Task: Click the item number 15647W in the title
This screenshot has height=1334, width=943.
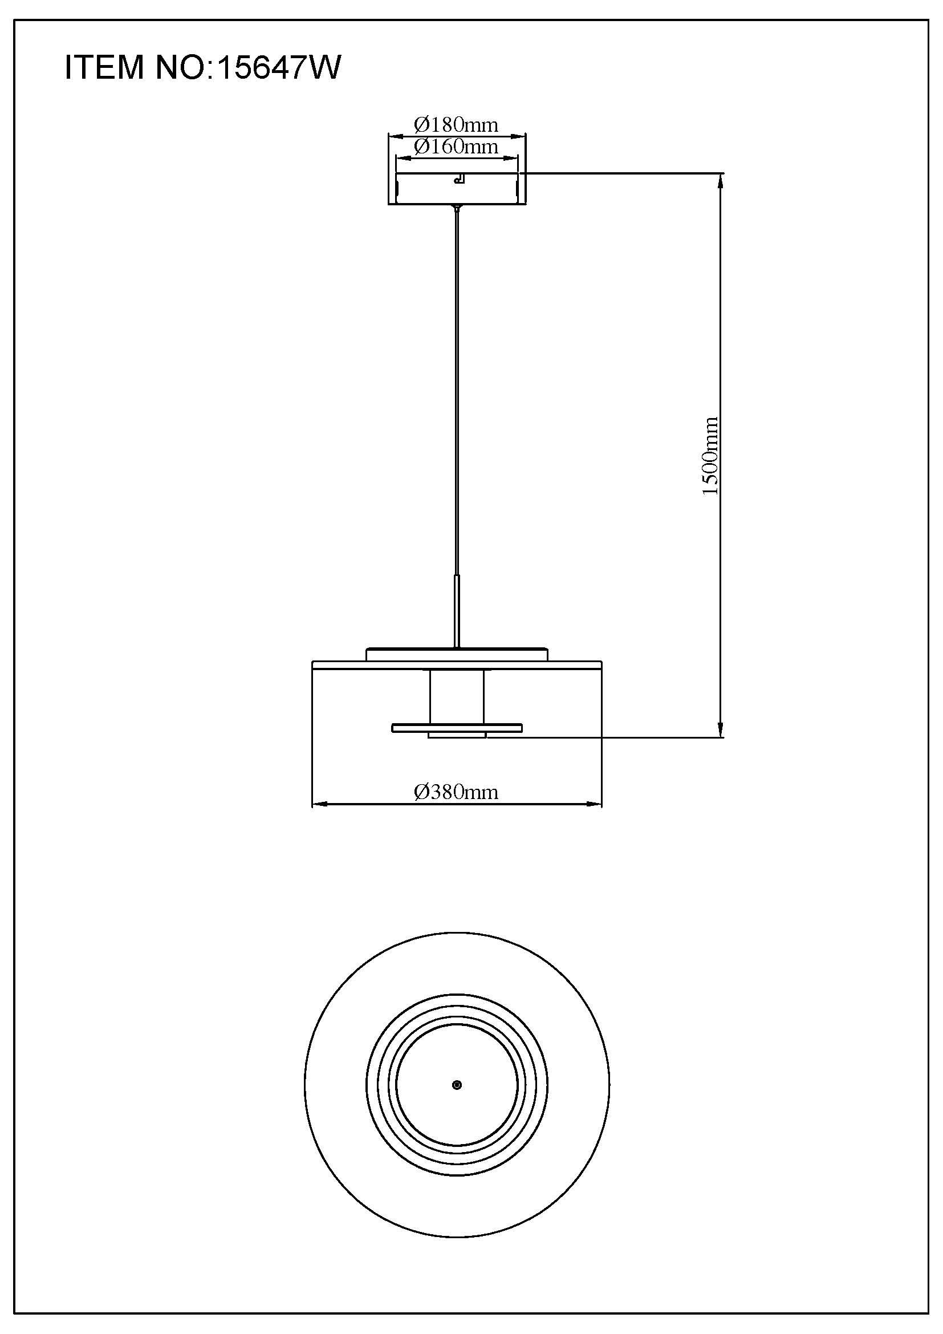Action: click(279, 67)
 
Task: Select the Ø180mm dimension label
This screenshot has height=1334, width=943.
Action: click(457, 124)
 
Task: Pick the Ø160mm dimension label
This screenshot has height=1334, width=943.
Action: click(457, 147)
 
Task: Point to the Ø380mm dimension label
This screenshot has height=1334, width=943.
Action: click(457, 792)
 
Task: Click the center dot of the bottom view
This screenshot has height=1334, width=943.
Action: click(457, 1085)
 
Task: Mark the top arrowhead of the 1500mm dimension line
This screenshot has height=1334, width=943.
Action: click(721, 180)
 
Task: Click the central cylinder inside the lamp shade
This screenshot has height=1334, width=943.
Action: click(457, 696)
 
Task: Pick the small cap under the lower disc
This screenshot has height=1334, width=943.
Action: click(457, 736)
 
